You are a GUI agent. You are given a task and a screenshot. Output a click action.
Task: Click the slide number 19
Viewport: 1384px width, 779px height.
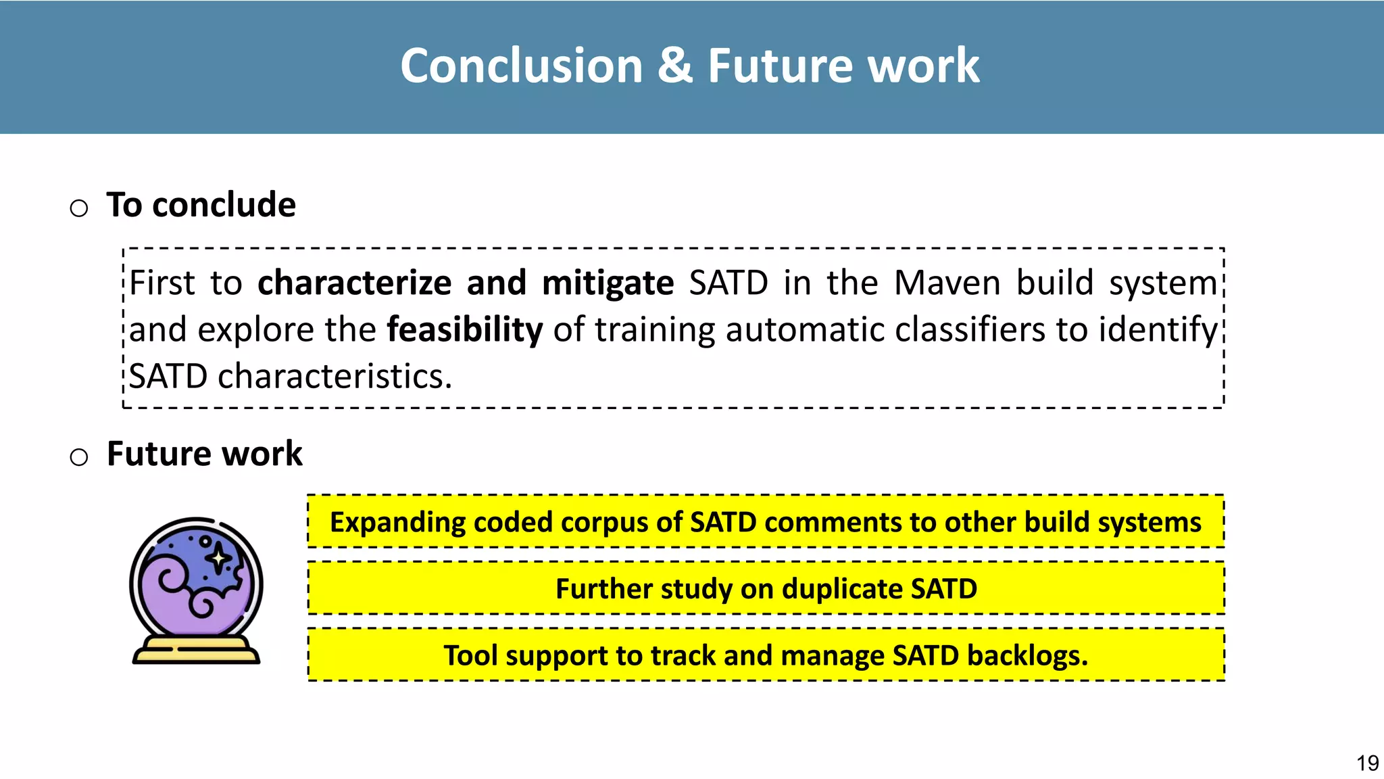tap(1367, 763)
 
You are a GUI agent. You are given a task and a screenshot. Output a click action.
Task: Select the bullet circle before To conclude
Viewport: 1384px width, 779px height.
tap(79, 208)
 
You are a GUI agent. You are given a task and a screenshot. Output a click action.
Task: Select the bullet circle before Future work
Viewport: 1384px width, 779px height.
tap(79, 457)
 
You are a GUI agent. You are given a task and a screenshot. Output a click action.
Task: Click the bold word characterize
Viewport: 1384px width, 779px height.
tap(354, 283)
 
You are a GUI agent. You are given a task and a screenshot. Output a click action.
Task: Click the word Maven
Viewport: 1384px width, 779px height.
tap(947, 283)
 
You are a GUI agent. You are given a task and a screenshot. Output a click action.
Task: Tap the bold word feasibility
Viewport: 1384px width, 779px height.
tap(464, 330)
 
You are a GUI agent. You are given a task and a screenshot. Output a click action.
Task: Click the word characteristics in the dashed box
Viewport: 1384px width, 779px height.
tap(335, 377)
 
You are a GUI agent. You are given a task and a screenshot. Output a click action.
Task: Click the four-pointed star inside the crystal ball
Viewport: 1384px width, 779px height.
tap(219, 559)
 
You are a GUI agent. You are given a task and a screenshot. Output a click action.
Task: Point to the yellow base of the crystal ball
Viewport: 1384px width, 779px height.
tap(196, 651)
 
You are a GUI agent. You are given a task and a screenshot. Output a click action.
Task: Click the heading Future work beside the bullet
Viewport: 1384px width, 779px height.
tap(204, 454)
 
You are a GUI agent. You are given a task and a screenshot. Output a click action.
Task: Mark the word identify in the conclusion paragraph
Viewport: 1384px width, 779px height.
tap(1158, 330)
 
